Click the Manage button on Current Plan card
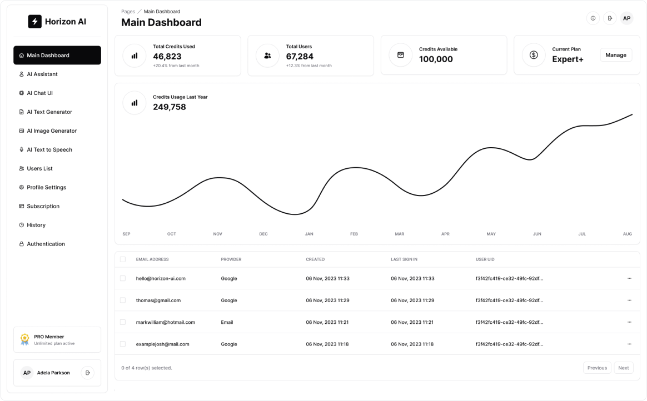[615, 55]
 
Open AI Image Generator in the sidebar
[52, 131]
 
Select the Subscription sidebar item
[43, 206]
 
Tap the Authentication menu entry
[46, 244]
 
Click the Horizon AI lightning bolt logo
[35, 22]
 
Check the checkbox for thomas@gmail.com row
[123, 300]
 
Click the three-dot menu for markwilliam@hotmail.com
[629, 322]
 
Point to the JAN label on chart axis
[308, 234]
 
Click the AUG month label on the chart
[627, 234]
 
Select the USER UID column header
[485, 259]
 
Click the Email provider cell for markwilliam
[227, 322]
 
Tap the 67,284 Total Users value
[300, 56]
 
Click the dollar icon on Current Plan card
[534, 55]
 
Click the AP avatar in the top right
[626, 18]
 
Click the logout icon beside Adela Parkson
[87, 373]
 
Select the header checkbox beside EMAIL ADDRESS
[123, 259]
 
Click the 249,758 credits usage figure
[170, 107]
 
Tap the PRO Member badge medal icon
[24, 339]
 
